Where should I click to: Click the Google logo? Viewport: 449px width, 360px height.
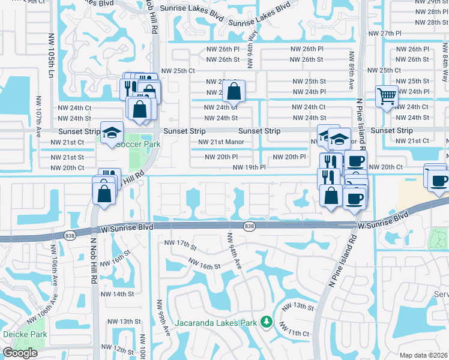tap(20, 353)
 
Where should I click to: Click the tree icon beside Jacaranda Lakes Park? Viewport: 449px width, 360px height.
tap(267, 323)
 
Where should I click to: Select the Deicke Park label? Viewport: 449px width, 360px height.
tap(16, 334)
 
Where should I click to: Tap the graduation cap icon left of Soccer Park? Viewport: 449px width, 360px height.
tap(112, 133)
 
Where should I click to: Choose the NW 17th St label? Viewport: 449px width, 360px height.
tap(181, 245)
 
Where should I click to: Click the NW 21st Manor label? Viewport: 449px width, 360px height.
tap(219, 142)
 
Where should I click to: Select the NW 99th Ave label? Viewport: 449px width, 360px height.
tap(160, 318)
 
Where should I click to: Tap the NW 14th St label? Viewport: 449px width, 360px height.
tap(117, 294)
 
